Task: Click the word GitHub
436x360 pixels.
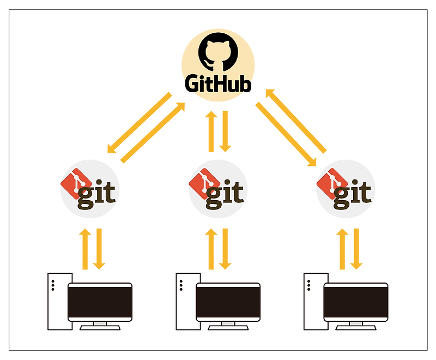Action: tap(217, 84)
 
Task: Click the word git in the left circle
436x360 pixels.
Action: tap(96, 194)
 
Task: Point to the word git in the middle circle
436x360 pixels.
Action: tap(225, 194)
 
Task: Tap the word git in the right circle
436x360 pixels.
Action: tap(352, 194)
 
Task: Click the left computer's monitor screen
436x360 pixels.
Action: tap(100, 302)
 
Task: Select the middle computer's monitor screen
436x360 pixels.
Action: tap(228, 302)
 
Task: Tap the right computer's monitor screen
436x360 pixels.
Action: tap(356, 302)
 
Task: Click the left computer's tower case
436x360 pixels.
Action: tap(57, 301)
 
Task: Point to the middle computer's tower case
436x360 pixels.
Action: tap(185, 301)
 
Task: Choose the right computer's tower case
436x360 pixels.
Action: tap(313, 301)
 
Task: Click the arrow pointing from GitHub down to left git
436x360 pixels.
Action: tap(139, 123)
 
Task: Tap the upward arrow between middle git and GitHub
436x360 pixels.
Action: tap(211, 131)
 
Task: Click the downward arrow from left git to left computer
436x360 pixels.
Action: tap(99, 249)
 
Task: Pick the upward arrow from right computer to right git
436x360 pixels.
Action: tap(343, 249)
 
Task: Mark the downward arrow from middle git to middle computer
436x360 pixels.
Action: tap(226, 249)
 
